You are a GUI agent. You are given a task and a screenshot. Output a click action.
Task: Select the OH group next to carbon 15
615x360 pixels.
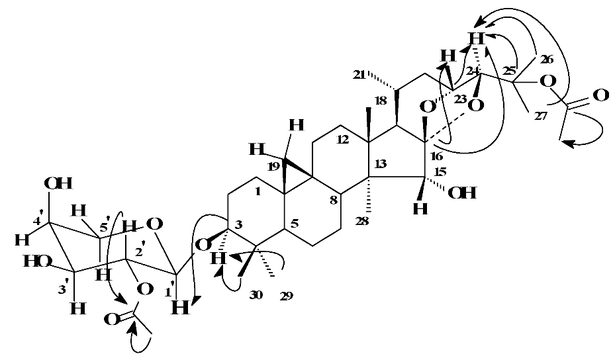[461, 193]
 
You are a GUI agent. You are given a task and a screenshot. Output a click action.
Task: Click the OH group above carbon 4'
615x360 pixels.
[56, 181]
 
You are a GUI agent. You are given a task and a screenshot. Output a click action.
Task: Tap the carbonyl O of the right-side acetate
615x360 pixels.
[600, 95]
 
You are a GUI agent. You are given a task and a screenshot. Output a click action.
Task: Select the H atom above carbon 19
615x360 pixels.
[299, 124]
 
